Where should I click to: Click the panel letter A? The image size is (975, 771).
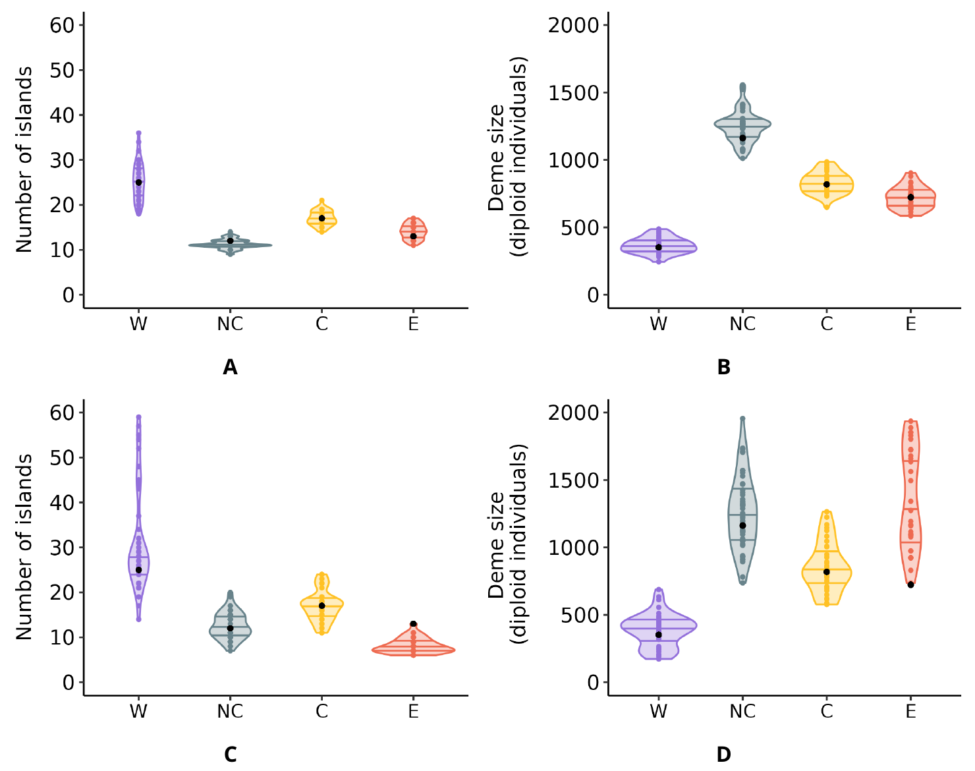(x=230, y=367)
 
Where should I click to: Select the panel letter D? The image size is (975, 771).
(x=723, y=755)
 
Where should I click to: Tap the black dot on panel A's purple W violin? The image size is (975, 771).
(x=138, y=183)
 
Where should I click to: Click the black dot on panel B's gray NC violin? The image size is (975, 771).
(x=742, y=138)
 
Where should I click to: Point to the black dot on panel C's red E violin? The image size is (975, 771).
(x=413, y=624)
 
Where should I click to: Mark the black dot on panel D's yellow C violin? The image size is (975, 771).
(x=826, y=572)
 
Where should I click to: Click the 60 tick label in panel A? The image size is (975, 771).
(x=63, y=25)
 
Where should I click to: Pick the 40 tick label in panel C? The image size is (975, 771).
(x=63, y=502)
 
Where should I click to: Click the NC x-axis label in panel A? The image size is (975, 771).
(x=230, y=324)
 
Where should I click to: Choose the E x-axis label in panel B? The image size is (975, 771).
(x=910, y=324)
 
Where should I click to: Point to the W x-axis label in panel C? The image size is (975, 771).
(x=138, y=712)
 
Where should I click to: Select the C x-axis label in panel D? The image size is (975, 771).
(x=826, y=712)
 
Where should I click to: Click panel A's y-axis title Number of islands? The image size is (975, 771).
(x=25, y=159)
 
